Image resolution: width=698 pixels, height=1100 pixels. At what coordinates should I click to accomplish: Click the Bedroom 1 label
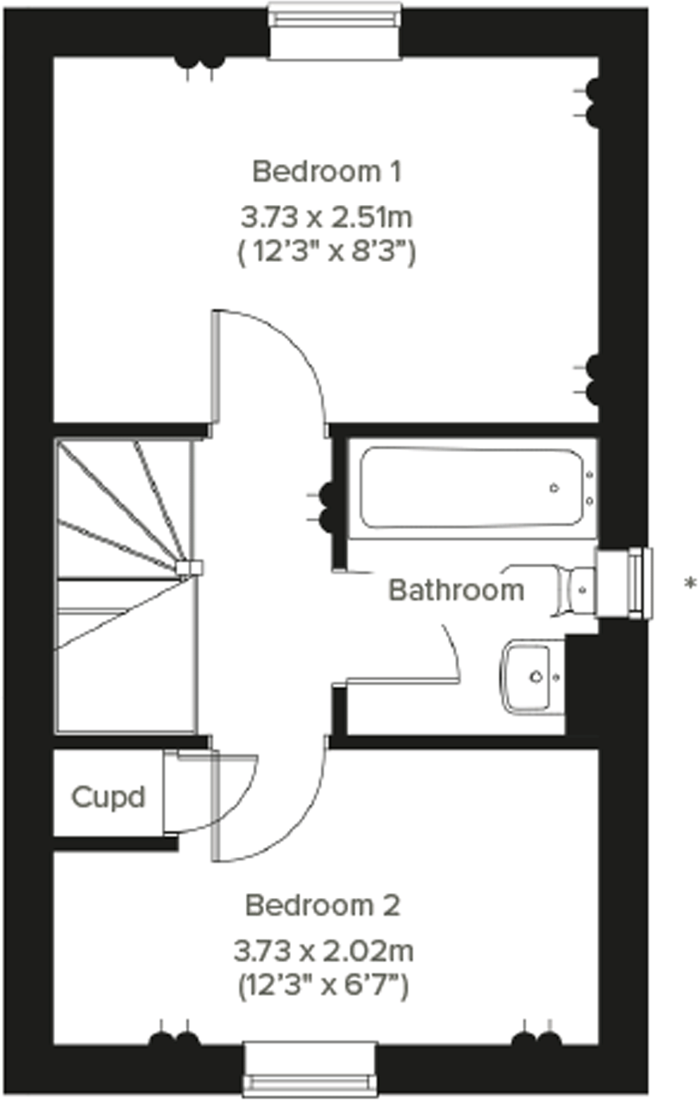pyautogui.click(x=327, y=171)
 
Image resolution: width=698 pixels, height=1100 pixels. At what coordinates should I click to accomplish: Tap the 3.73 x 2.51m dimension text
pyautogui.click(x=326, y=217)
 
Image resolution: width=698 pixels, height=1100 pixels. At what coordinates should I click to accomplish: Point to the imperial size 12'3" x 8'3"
pyautogui.click(x=326, y=251)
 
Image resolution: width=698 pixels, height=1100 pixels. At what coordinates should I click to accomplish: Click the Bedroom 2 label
pyautogui.click(x=323, y=905)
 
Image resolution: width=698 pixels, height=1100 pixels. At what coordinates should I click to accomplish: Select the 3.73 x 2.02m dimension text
pyautogui.click(x=323, y=951)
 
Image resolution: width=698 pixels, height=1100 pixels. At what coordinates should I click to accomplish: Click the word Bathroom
pyautogui.click(x=456, y=590)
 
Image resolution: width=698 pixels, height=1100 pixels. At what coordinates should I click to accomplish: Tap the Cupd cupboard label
pyautogui.click(x=108, y=797)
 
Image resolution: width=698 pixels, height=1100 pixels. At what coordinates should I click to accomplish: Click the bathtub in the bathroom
pyautogui.click(x=471, y=488)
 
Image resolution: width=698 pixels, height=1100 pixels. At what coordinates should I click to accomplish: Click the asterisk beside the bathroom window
pyautogui.click(x=690, y=583)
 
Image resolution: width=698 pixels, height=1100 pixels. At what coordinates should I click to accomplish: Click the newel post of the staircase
pyautogui.click(x=190, y=568)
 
